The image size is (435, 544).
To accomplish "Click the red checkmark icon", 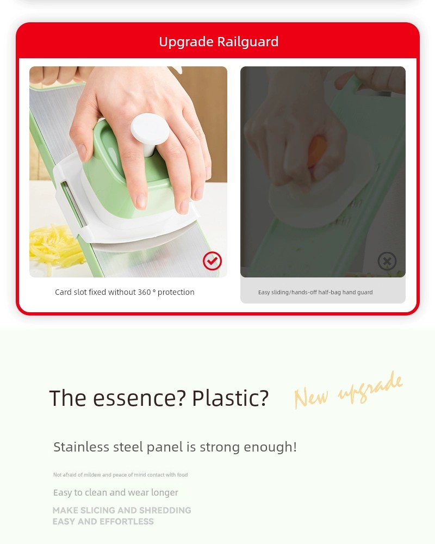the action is tap(212, 261).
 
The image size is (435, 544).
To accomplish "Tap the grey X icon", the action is tap(387, 261).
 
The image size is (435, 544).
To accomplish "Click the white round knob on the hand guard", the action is tap(150, 131).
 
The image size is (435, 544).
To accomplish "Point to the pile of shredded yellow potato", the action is tap(55, 246).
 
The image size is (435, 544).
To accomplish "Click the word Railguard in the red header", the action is tap(248, 42).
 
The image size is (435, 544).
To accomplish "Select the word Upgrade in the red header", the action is tap(187, 42).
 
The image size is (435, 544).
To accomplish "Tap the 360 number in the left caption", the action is tap(144, 292).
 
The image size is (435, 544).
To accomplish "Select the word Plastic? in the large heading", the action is tap(231, 398).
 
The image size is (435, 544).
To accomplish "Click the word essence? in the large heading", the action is tap(139, 398).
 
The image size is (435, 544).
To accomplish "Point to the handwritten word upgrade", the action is tap(370, 388).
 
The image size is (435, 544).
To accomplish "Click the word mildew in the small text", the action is tap(92, 474).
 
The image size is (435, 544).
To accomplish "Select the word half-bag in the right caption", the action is tap(330, 293).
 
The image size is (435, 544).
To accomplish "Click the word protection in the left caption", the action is tap(176, 292).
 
